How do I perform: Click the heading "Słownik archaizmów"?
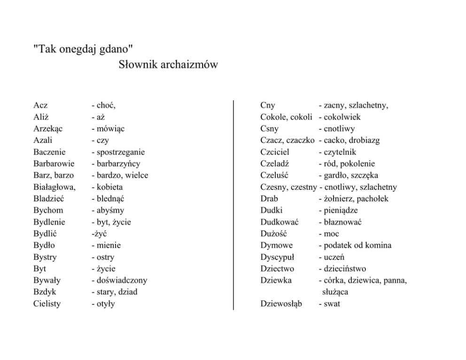169,65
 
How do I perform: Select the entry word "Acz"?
40,105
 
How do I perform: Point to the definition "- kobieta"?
107,187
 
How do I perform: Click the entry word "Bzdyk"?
45,292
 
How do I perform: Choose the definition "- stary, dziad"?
114,292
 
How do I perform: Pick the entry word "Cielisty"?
47,304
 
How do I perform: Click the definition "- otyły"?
103,304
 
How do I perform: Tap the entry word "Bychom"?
48,210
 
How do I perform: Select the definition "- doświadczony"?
119,280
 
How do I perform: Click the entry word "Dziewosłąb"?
281,304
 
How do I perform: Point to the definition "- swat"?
329,304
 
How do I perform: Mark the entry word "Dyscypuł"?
277,257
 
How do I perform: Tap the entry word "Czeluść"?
274,175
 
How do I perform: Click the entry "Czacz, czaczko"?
287,140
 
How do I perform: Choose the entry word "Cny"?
268,105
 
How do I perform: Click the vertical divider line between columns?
233,204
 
